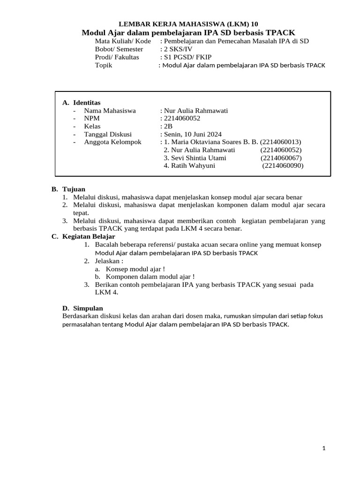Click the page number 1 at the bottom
[x=323, y=448]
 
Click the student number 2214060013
[x=280, y=142]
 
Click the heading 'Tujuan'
[x=74, y=189]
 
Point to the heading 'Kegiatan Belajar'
[x=89, y=237]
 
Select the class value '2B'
[x=166, y=126]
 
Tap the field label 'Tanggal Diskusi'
[x=108, y=134]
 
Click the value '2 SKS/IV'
[x=177, y=49]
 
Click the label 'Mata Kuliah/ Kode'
[x=123, y=41]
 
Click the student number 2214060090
[x=283, y=166]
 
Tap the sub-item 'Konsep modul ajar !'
[x=135, y=269]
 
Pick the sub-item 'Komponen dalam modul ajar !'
[x=150, y=277]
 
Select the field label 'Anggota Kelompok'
[x=112, y=142]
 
